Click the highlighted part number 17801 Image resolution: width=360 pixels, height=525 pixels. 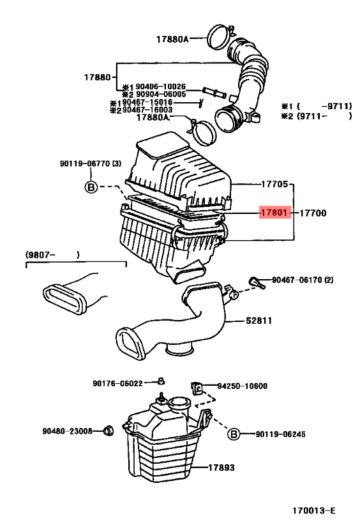pos(274,212)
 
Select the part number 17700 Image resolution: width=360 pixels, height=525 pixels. pos(313,212)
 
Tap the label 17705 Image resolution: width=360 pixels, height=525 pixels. pos(275,184)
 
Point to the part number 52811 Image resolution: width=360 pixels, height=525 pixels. pos(259,321)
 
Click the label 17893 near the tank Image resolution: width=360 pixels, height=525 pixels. pos(221,468)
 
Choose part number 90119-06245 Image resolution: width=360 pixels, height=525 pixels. pos(280,434)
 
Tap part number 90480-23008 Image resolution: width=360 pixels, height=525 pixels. pos(67,430)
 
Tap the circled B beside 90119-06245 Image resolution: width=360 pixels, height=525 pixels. pos(234,434)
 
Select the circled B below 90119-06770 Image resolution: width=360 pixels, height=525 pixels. pos(91,186)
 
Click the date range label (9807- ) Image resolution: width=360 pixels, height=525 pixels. pos(53,255)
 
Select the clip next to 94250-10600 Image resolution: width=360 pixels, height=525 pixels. pos(199,387)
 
